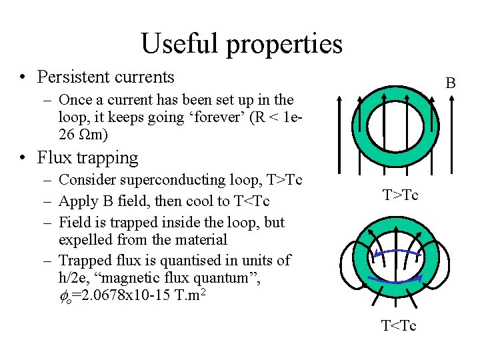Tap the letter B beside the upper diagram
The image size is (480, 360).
click(x=451, y=83)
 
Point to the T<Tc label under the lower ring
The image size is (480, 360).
click(x=399, y=326)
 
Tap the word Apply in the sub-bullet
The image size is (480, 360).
click(x=78, y=201)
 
